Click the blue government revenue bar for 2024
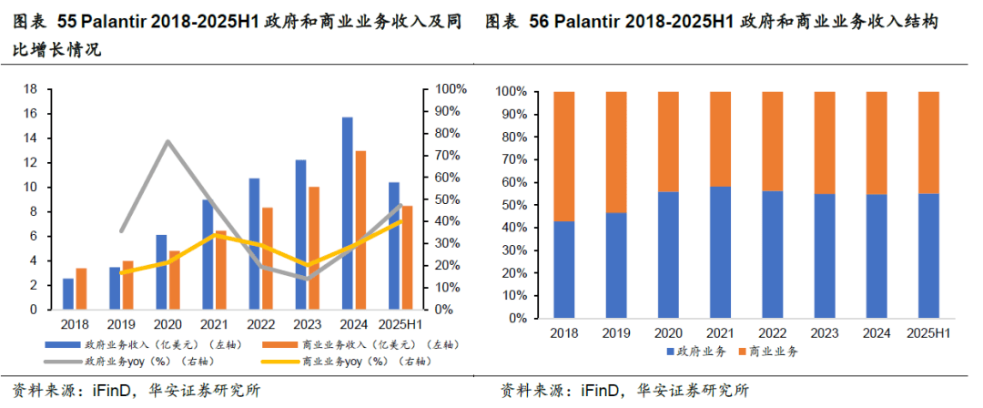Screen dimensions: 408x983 (347, 213)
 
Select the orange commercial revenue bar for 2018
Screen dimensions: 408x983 (82, 289)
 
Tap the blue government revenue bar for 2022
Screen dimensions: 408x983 (254, 243)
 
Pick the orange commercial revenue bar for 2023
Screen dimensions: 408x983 (314, 248)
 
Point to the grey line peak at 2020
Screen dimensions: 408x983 (167, 141)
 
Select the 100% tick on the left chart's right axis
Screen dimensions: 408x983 (451, 89)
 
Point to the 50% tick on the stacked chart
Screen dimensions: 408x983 (511, 205)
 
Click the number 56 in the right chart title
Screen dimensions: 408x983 (538, 21)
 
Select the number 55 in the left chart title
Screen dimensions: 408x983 (66, 21)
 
